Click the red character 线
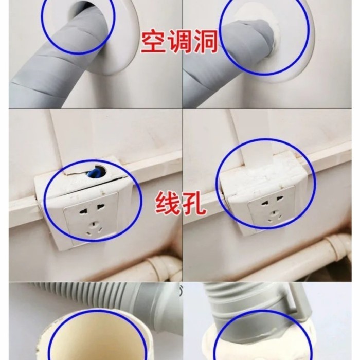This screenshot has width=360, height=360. [167, 205]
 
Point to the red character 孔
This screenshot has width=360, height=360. [194, 205]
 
